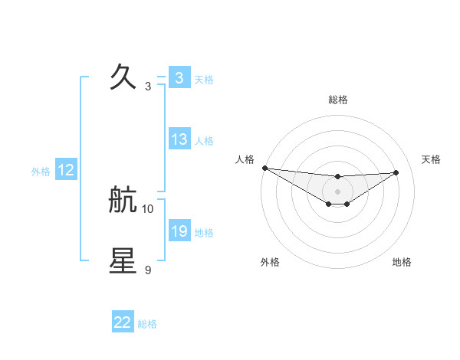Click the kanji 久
tap(123, 77)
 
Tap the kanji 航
tap(123, 201)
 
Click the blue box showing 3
tap(179, 78)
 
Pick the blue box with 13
tap(179, 139)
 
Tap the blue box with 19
tap(179, 231)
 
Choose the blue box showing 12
tap(66, 170)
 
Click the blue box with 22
tap(123, 322)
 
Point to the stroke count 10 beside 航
tap(148, 208)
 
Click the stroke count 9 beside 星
tap(148, 270)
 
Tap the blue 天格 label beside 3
tap(204, 80)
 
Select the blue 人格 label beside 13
tap(204, 141)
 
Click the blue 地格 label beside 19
tap(204, 233)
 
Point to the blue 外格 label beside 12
tap(41, 172)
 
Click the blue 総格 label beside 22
tap(147, 324)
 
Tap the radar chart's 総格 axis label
tap(337, 100)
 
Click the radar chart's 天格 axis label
tap(432, 159)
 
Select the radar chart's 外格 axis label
tap(270, 263)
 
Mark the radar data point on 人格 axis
tap(264, 168)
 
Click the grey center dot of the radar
tap(337, 191)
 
